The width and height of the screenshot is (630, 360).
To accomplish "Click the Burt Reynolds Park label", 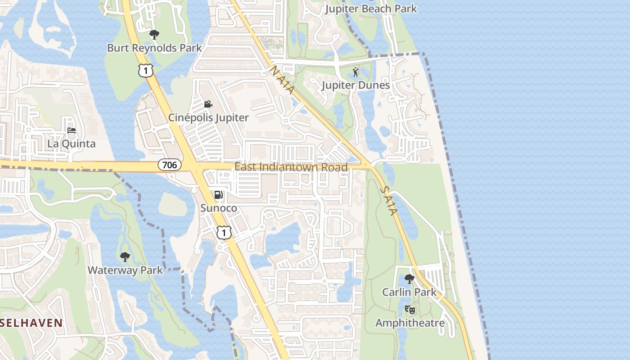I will coord(154,48).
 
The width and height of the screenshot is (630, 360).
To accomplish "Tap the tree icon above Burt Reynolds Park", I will coord(154,34).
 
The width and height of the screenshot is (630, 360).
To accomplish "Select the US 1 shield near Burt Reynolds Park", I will coord(146,70).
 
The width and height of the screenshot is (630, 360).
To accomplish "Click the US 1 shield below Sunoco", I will coord(224,232).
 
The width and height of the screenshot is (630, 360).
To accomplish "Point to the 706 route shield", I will coord(170,165).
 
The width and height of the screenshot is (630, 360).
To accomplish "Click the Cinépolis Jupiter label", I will coord(208,117).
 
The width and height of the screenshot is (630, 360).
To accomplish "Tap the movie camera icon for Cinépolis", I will coord(208,104).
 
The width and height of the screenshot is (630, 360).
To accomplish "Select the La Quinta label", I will coord(72,144).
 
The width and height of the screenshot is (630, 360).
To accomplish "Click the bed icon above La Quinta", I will coord(72,131).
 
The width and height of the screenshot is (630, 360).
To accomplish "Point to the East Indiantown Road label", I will coord(291,167).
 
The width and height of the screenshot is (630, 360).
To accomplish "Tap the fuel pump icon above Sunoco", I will coord(219,195).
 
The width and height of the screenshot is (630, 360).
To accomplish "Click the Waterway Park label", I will coord(125,270).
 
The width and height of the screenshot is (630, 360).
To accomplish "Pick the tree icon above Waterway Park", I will coord(125,257).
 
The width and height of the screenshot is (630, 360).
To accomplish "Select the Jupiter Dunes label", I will coord(356,85).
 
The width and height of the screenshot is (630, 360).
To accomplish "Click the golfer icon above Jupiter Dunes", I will coord(356,72).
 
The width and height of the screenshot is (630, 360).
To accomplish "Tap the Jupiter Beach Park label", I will coord(371,9).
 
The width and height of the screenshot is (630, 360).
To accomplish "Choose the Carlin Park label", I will coord(409,292).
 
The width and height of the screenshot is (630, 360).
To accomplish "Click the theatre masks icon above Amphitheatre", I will coord(409,310).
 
